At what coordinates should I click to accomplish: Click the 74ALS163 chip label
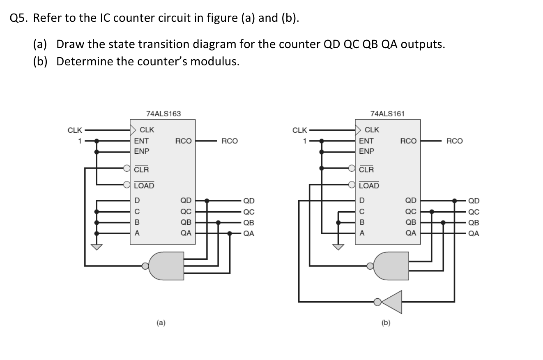163,113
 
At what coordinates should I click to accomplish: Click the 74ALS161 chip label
387,113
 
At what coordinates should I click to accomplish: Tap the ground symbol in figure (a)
97,247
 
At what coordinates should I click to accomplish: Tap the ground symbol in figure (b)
338,247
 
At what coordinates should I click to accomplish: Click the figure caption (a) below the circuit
161,323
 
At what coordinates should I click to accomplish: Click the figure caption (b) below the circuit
386,323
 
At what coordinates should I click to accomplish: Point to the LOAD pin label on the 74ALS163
144,186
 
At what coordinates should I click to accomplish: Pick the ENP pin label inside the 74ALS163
142,151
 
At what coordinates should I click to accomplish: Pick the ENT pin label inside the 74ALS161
366,141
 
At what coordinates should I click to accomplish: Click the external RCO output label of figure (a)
229,141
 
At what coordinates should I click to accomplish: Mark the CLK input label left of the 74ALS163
74,130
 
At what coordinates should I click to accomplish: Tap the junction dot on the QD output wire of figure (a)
207,201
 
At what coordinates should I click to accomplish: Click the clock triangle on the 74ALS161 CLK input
358,130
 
